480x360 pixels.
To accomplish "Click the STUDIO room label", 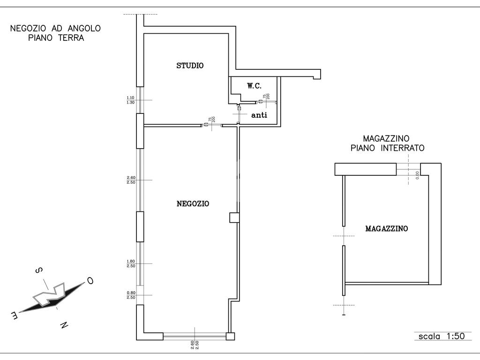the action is [190, 66].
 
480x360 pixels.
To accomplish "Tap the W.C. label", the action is [255, 86].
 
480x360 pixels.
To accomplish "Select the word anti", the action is [259, 115].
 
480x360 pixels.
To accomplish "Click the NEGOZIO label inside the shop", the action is [193, 203].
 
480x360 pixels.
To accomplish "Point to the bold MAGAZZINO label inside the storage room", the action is [387, 228].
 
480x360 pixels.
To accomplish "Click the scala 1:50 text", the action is [442, 336].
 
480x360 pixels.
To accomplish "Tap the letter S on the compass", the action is [39, 270].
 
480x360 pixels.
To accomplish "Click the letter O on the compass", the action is [90, 280].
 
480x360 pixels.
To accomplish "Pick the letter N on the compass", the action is [64, 325].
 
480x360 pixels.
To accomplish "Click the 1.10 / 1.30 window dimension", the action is [130, 100].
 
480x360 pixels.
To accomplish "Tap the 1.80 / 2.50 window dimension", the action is [131, 263].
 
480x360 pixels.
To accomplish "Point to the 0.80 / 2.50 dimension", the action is [131, 295].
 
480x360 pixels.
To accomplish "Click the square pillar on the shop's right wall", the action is [234, 217].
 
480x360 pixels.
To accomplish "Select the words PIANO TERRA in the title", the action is [56, 38].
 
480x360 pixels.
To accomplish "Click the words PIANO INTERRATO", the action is [388, 148].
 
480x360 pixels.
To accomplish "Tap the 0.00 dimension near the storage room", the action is [417, 175].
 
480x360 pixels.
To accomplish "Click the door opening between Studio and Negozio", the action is [212, 125].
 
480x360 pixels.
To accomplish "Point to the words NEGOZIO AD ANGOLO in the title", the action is [55, 28].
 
